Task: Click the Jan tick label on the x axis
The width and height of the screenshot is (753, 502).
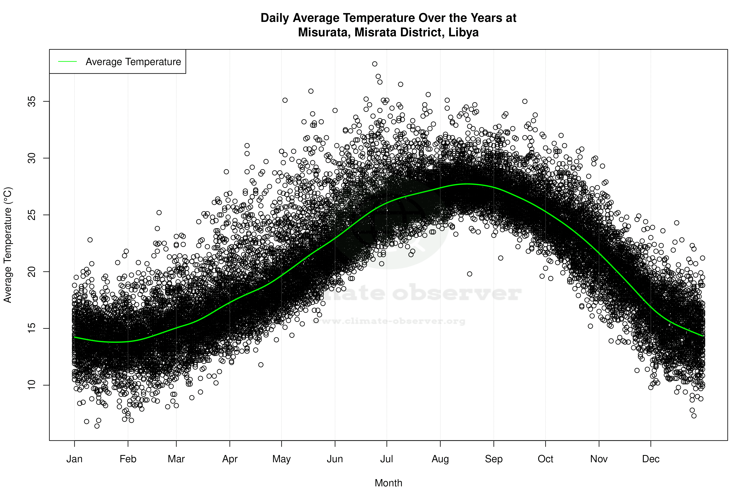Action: click(x=74, y=459)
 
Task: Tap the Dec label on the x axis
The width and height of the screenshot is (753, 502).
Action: click(x=651, y=459)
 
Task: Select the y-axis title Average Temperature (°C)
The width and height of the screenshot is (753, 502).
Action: click(x=8, y=245)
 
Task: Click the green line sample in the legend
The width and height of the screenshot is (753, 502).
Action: click(x=67, y=61)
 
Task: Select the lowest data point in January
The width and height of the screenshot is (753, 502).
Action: click(x=97, y=426)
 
